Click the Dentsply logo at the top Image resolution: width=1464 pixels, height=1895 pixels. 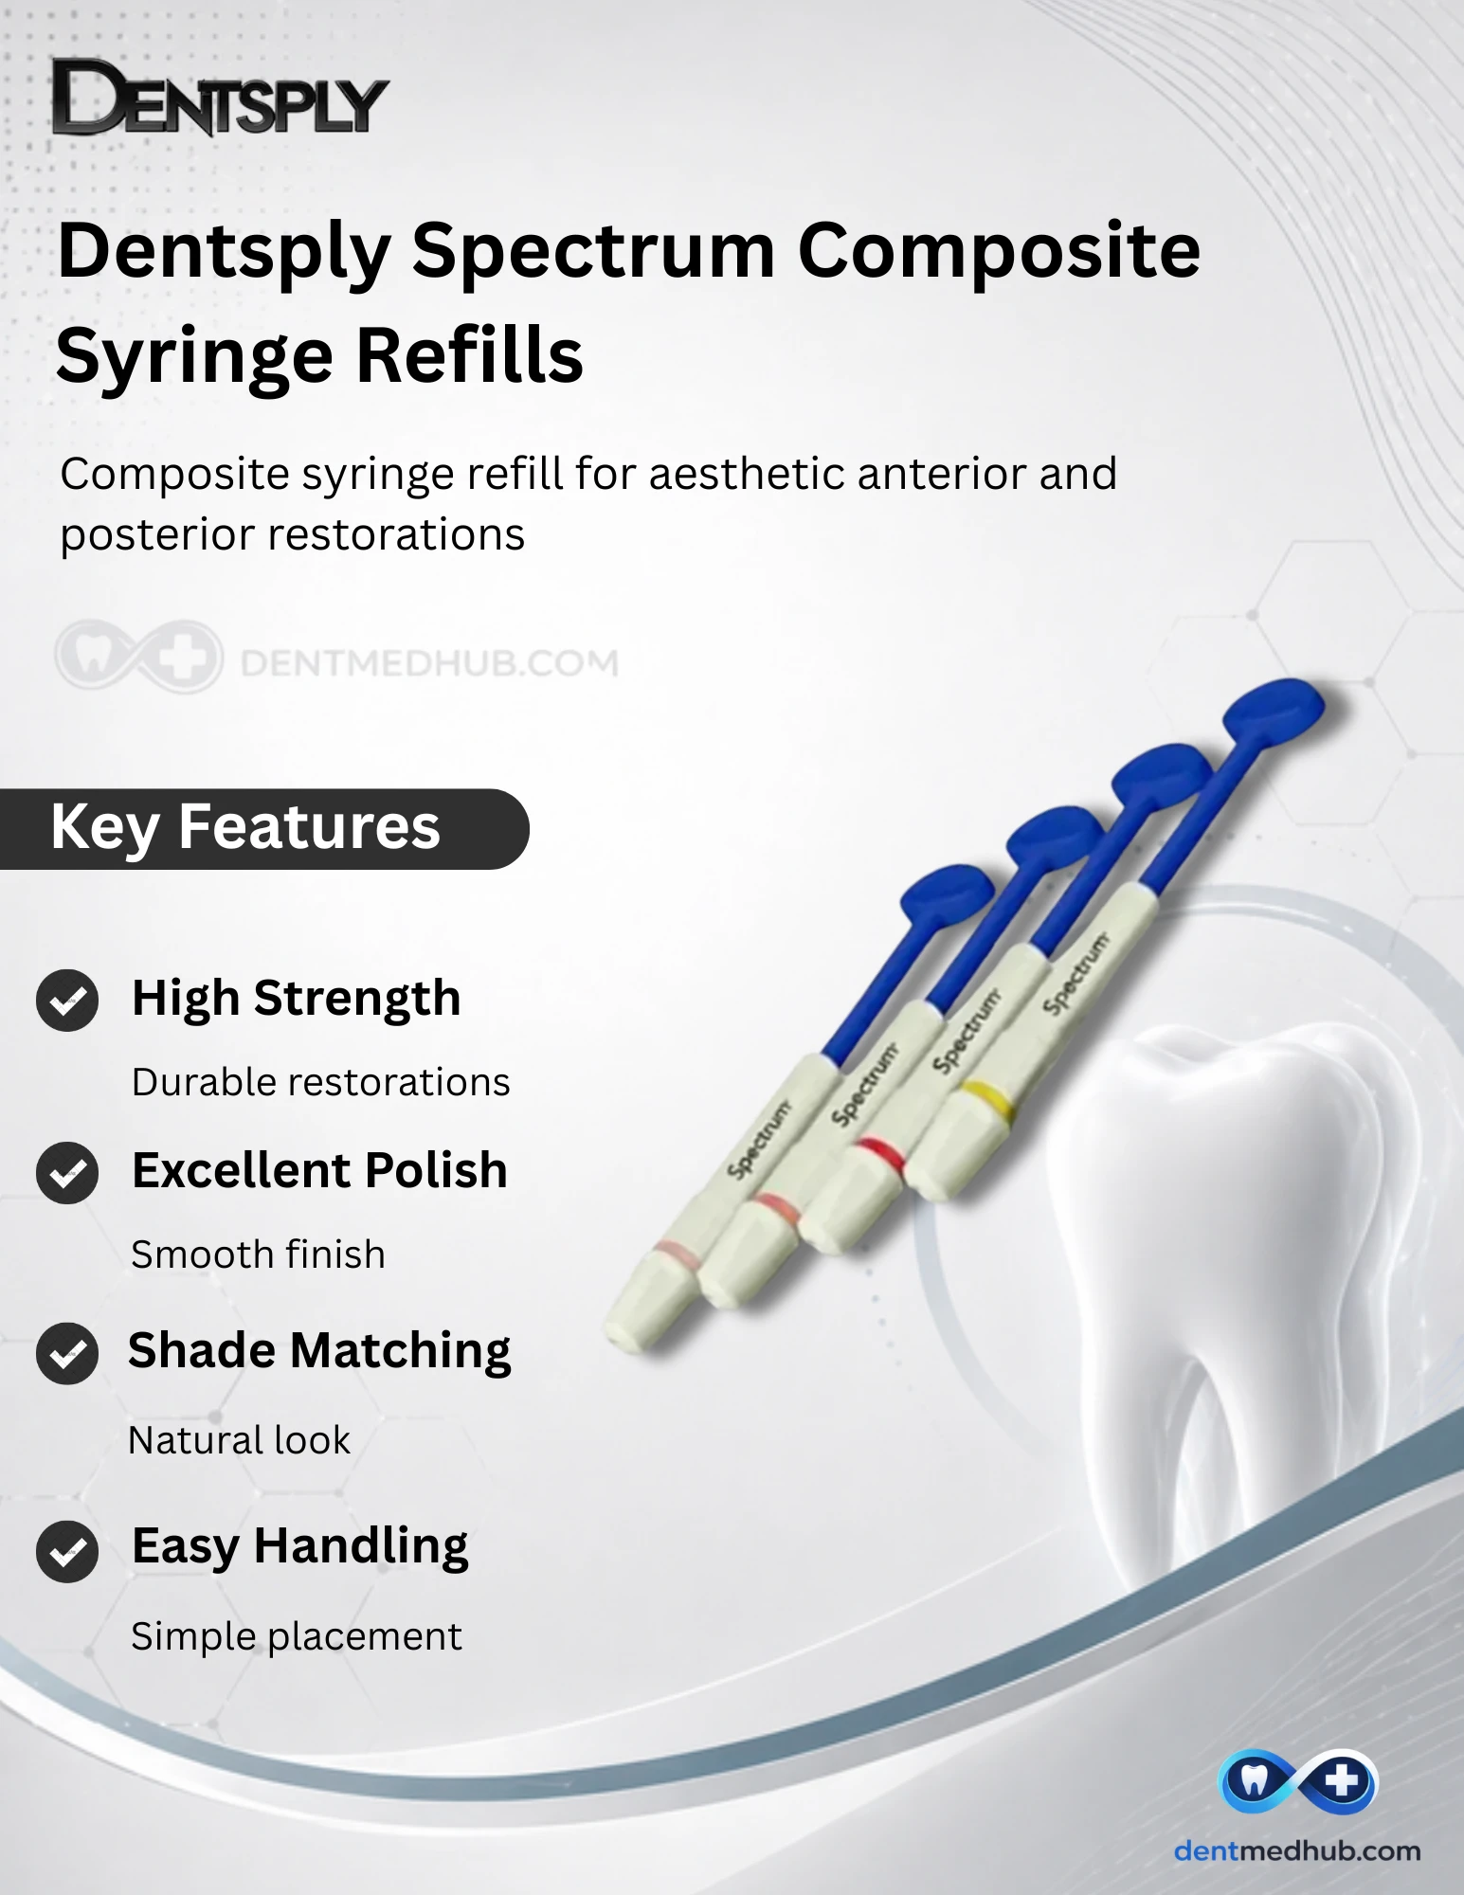coord(220,98)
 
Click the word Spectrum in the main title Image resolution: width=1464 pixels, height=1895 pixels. coord(594,252)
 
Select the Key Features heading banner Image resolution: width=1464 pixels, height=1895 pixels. coord(263,828)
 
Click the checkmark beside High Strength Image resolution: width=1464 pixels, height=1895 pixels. coord(67,1001)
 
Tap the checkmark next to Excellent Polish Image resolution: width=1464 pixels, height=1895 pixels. coord(67,1173)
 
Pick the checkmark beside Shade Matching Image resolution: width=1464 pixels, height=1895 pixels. coord(67,1353)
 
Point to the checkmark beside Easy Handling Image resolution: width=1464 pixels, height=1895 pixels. coord(67,1551)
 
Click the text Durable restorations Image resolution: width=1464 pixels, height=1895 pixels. coord(320,1082)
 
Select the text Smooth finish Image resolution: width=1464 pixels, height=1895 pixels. coord(258,1254)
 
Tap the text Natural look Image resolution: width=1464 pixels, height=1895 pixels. coord(239,1440)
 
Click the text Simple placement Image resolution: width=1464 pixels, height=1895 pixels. coord(296,1637)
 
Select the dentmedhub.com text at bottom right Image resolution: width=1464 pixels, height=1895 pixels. coord(1297,1850)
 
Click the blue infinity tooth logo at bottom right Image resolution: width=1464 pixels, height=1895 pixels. coord(1296,1780)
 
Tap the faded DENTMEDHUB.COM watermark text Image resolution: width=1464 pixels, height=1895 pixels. coord(429,662)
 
